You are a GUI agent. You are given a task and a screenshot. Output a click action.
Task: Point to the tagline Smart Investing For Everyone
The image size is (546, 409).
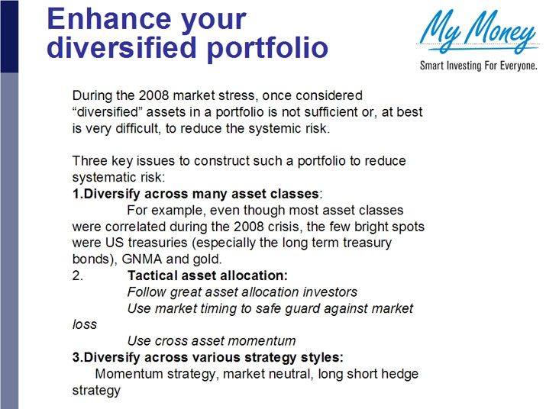point(478,66)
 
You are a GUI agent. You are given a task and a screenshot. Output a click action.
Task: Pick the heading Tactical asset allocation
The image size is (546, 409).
point(207,275)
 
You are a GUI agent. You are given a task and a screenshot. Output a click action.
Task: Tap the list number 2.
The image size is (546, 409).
point(77,275)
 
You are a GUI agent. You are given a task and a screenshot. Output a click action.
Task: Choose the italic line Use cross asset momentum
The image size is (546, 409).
point(211,340)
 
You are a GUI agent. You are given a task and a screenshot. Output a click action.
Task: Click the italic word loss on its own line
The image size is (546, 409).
point(84,324)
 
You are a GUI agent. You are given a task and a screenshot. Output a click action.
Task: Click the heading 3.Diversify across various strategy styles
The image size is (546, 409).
point(208,357)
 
